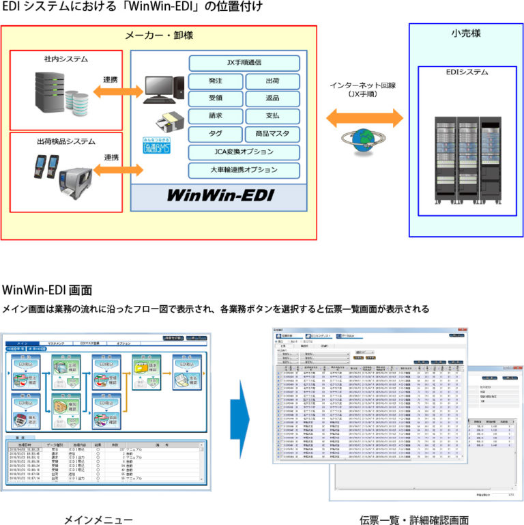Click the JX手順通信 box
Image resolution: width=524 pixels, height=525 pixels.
click(244, 63)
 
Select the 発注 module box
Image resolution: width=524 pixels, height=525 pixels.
click(215, 81)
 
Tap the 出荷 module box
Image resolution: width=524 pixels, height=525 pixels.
click(272, 81)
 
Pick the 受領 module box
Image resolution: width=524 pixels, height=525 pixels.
click(215, 99)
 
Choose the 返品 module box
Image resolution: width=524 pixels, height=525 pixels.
click(272, 99)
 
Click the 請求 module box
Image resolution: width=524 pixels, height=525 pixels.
click(215, 117)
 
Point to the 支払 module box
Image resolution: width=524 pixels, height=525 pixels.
click(272, 117)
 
